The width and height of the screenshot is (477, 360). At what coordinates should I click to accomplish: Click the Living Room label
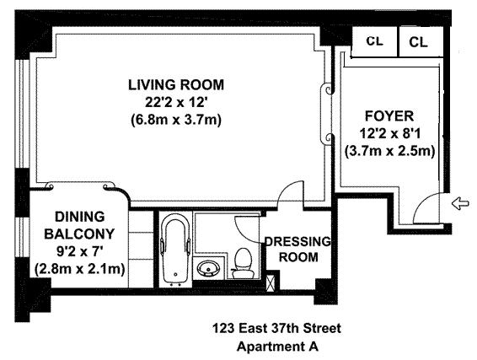point(176,85)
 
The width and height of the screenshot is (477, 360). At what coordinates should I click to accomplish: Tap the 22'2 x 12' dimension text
point(176,102)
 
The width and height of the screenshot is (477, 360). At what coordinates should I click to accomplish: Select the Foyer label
point(389,116)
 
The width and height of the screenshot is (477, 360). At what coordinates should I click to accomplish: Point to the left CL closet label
point(374,41)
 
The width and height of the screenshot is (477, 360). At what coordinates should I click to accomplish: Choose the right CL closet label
point(418,42)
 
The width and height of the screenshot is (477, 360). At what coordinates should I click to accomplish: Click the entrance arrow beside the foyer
point(460,203)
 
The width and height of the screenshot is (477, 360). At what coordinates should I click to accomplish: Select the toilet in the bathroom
point(244,262)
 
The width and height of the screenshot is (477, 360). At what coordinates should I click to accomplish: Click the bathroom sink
point(208,268)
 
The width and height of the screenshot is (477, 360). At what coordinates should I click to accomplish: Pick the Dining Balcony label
point(79,225)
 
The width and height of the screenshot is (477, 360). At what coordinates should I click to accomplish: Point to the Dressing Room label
point(298,250)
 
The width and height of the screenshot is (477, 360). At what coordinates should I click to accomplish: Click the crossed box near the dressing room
point(271,283)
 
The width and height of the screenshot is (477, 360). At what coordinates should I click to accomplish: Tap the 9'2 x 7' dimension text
point(80,252)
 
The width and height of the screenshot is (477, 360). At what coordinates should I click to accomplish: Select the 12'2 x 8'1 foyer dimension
point(389,133)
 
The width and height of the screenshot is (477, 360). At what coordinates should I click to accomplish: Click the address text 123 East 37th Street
point(276,329)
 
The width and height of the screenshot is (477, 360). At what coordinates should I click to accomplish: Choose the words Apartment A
point(277,347)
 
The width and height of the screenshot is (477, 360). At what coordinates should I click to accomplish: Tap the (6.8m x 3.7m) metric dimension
point(176,120)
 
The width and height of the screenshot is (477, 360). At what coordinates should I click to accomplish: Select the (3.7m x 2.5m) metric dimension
point(389,151)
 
